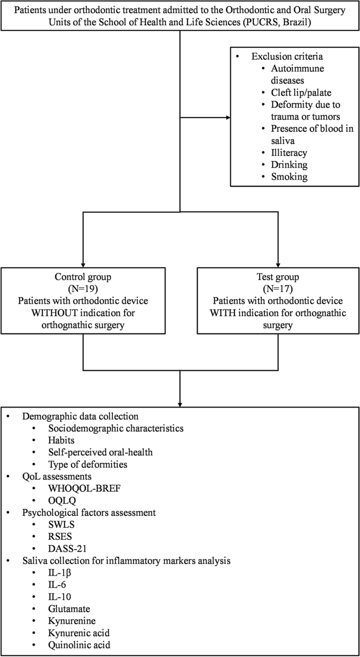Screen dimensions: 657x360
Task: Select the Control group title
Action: pyautogui.click(x=83, y=277)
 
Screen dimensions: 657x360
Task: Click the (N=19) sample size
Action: pyautogui.click(x=83, y=289)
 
